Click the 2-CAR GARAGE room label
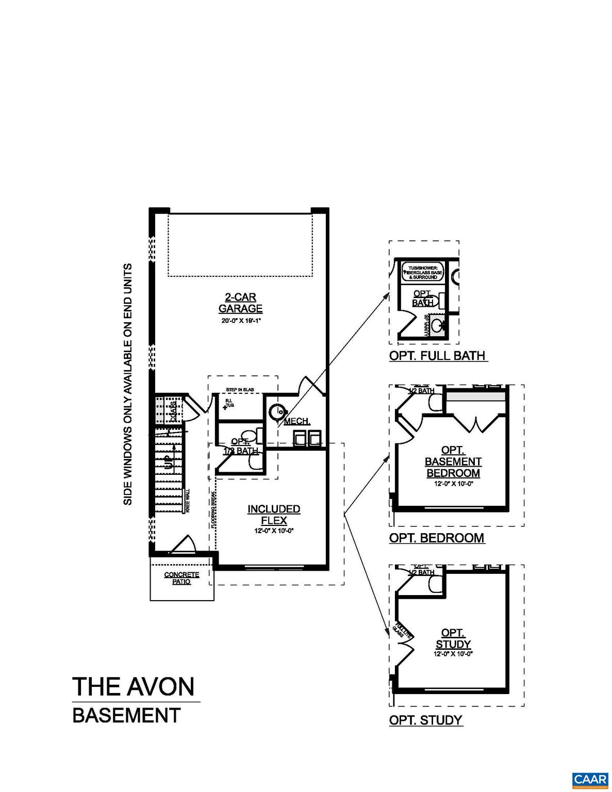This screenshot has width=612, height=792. pos(240,303)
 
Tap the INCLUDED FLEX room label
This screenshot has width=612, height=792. pos(274,515)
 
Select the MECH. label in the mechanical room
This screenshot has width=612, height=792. pos(296,421)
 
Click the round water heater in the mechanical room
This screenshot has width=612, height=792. pos(279,411)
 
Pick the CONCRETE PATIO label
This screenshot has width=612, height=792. pos(181,578)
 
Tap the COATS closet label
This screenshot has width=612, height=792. pos(174,410)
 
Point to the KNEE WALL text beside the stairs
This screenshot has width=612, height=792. pos(187,501)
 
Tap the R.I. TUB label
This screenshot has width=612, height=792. pos(229,403)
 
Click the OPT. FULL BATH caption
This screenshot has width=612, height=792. pos(437,356)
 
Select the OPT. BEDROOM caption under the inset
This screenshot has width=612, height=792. pos(437,538)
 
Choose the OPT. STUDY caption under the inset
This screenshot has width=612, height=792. pos(426,720)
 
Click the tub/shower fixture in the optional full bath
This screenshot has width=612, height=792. pos(423,272)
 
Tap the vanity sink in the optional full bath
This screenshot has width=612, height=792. pos(439,325)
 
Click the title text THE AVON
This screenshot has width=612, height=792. pos(134,686)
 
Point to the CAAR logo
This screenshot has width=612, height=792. pos(590,779)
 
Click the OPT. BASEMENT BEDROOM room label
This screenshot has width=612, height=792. pos(453,462)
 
